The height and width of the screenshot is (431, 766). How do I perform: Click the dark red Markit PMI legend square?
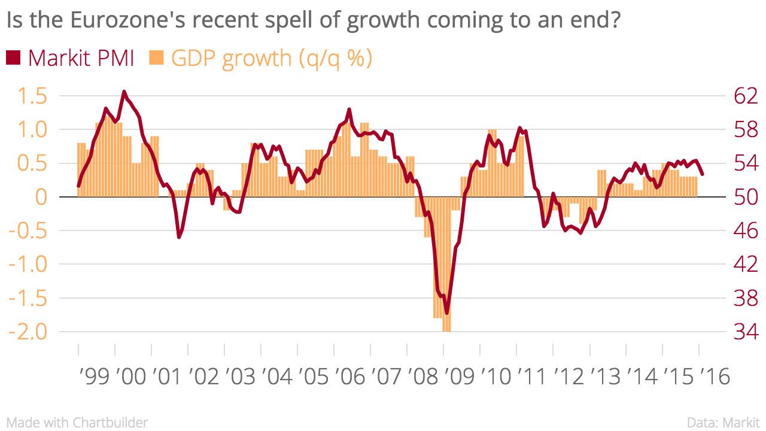tap(13, 57)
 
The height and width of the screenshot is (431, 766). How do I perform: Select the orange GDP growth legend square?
tap(157, 57)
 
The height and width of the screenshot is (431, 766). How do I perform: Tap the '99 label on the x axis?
tap(96, 377)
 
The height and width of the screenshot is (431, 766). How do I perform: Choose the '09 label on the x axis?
tap(461, 377)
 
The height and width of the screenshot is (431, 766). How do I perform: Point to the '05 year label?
tap(315, 377)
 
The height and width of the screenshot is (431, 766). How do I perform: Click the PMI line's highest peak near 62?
tap(124, 92)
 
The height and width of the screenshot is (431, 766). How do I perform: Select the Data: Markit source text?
tap(724, 422)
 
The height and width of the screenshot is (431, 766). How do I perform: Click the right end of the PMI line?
tap(703, 174)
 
